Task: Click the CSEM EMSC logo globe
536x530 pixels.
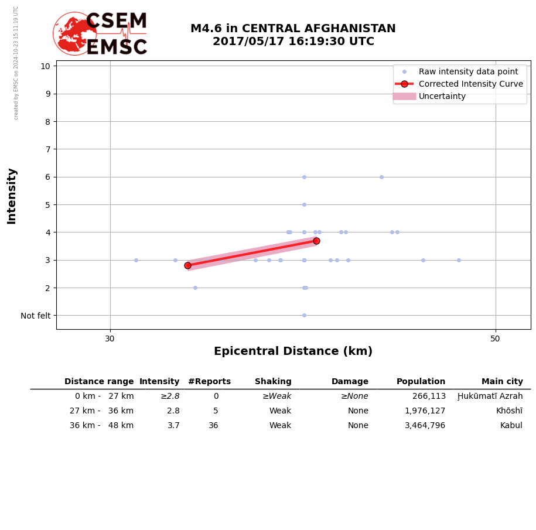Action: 74,33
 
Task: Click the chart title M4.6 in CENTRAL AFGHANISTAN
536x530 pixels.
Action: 293,29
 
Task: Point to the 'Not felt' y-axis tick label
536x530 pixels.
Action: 36,316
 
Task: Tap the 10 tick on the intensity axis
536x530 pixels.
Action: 45,66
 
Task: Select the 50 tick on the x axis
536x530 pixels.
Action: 495,338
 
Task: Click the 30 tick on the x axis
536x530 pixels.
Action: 110,338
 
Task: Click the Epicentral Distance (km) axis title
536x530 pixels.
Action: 293,351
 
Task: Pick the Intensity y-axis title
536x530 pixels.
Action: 12,196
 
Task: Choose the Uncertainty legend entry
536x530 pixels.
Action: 442,96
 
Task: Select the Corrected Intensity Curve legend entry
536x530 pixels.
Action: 470,84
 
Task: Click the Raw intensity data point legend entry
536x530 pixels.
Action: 468,71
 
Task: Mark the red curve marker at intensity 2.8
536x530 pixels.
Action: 187,265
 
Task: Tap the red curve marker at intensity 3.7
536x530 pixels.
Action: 316,241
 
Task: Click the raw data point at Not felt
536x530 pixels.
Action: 304,315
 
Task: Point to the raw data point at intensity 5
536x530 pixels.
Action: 304,204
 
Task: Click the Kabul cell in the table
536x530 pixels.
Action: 511,426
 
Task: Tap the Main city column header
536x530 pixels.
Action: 502,382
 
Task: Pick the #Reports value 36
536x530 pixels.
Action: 213,426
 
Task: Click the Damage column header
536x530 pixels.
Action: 350,382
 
